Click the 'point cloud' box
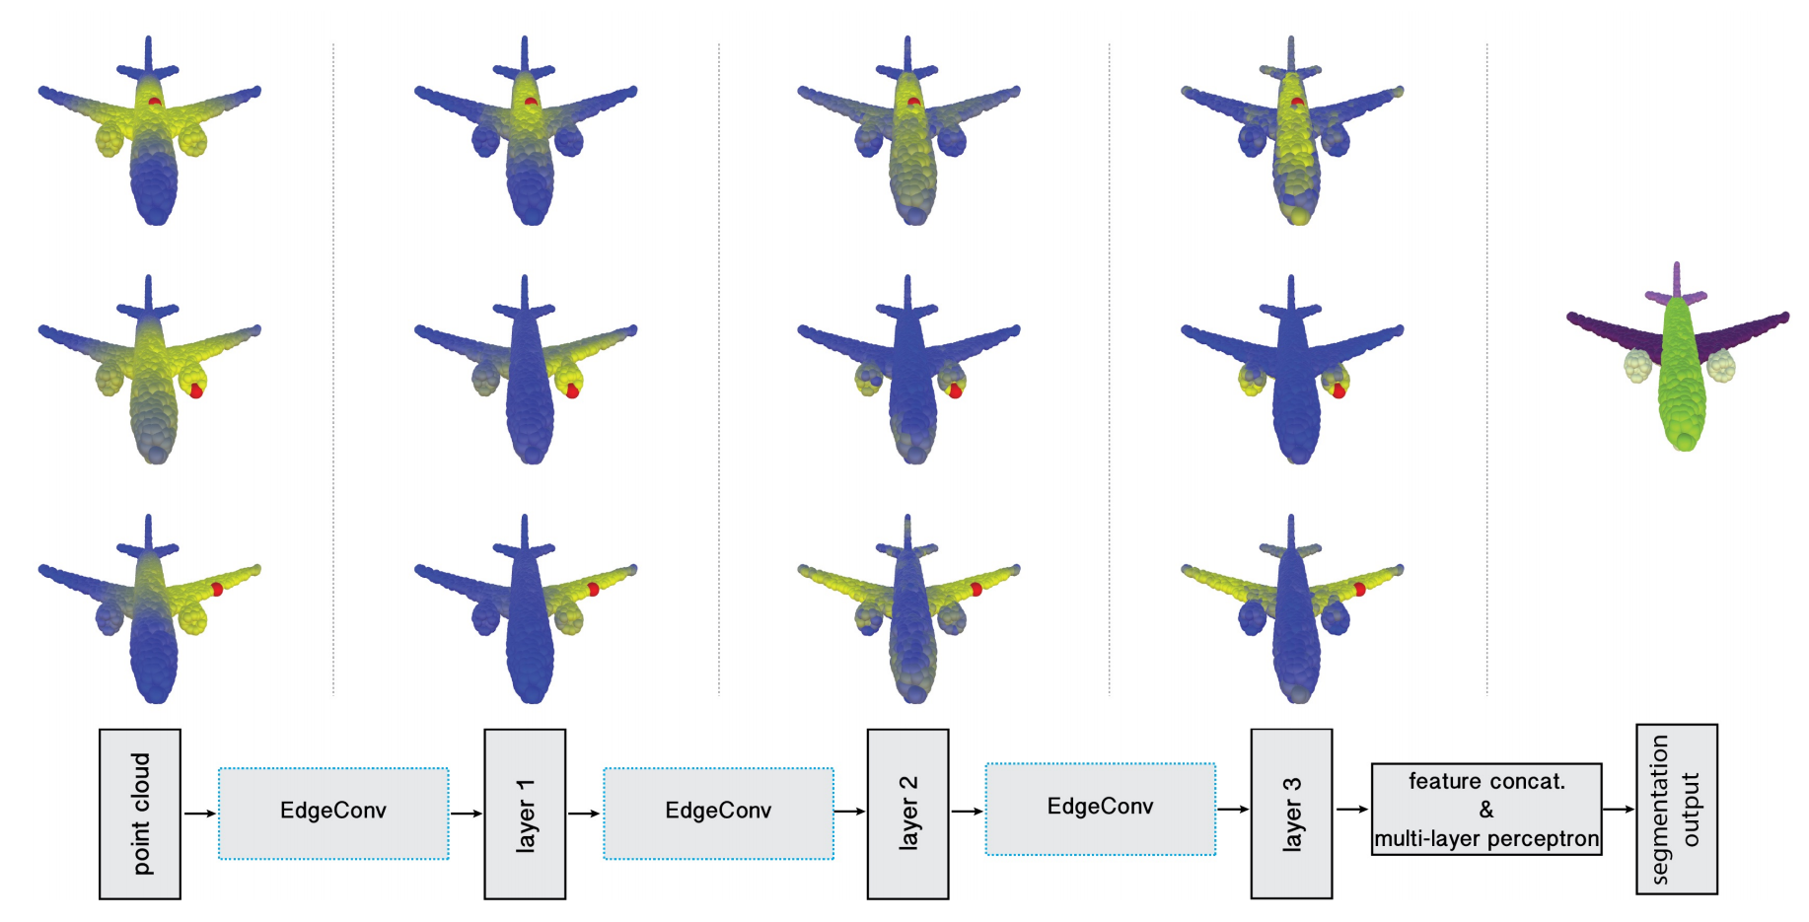[x=140, y=814]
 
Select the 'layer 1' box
[x=525, y=814]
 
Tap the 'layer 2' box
[x=907, y=814]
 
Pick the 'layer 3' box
[x=1291, y=814]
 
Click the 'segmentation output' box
[x=1677, y=809]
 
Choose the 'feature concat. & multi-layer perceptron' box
[x=1486, y=809]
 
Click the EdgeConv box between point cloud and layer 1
[x=333, y=814]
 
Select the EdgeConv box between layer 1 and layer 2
[x=718, y=814]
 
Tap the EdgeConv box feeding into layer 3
[x=1101, y=809]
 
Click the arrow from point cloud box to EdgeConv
[x=199, y=814]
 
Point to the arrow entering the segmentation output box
[x=1619, y=810]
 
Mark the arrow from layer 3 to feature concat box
[x=1352, y=810]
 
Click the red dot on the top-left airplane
[x=155, y=102]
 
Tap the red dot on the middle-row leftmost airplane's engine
[x=196, y=391]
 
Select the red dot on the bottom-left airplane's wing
[x=217, y=590]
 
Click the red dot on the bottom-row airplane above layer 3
[x=1359, y=590]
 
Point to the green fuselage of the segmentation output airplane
[x=1679, y=375]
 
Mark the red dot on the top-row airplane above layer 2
[x=914, y=102]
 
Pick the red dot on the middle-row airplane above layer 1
[x=572, y=391]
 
